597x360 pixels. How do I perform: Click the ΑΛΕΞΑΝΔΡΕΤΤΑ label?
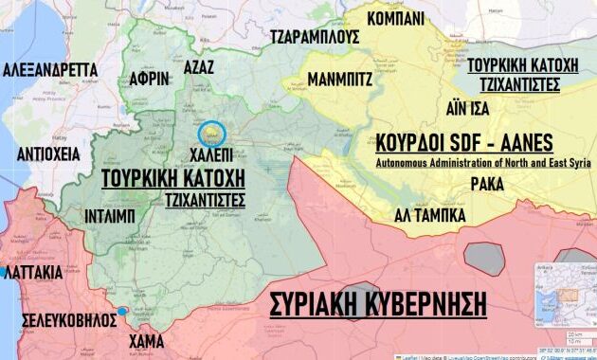pos(50,70)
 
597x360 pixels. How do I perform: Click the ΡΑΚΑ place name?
pos(487,183)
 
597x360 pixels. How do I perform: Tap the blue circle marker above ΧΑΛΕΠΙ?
pos(210,134)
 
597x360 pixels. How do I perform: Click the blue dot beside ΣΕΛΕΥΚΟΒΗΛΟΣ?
pos(123,312)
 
